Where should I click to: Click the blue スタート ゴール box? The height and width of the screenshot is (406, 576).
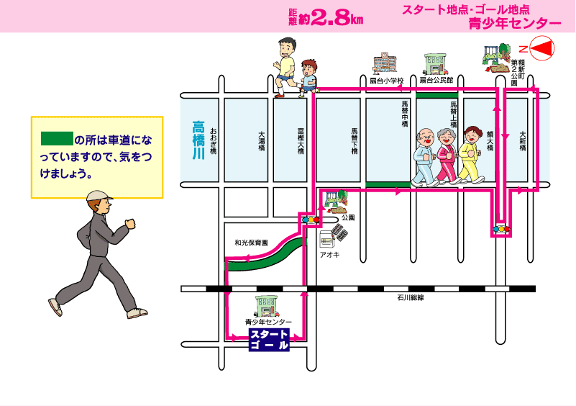click(269, 340)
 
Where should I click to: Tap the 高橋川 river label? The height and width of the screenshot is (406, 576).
click(198, 140)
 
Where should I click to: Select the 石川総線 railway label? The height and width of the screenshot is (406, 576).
click(411, 297)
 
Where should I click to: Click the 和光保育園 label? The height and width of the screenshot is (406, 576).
click(251, 243)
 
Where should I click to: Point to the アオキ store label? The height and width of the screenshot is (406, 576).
click(329, 255)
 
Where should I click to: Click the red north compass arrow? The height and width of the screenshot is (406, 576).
click(543, 48)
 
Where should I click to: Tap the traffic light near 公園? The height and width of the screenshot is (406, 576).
click(311, 220)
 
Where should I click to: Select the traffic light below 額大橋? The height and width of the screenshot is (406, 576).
click(502, 229)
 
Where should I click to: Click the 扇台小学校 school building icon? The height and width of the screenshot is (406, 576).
click(385, 63)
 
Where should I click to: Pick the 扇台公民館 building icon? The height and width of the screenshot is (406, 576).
click(436, 64)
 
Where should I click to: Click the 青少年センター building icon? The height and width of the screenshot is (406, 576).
click(268, 307)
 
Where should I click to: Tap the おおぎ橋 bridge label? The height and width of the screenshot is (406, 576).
click(214, 140)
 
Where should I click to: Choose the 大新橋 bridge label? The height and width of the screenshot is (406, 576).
click(523, 141)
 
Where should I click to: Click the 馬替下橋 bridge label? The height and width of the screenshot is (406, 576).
click(355, 141)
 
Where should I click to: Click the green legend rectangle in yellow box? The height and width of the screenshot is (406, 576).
click(57, 138)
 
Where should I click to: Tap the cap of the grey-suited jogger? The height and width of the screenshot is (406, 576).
click(99, 196)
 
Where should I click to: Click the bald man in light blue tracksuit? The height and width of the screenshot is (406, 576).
click(425, 158)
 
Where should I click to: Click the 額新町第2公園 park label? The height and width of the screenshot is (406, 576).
click(518, 73)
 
